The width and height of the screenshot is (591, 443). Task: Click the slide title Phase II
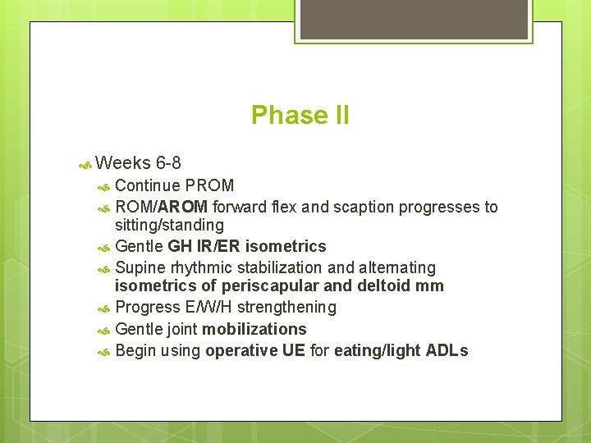[x=300, y=116]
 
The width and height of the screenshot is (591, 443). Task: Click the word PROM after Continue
[x=210, y=185]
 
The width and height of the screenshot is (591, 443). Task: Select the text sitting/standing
[x=169, y=225]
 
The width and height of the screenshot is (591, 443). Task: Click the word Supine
[x=141, y=267]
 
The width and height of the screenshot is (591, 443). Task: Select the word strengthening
[x=286, y=307]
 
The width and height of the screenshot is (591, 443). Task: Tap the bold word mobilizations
[x=254, y=329]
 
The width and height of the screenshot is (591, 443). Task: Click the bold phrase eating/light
[x=387, y=350]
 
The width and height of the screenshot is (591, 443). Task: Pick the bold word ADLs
[x=447, y=350]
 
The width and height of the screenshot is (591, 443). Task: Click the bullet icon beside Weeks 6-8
[x=84, y=164]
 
